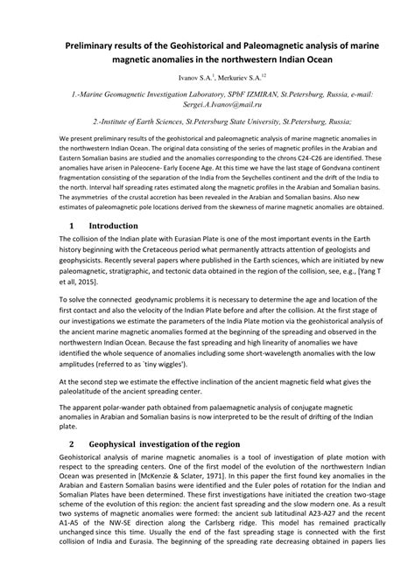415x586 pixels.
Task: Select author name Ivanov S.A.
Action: (196, 77)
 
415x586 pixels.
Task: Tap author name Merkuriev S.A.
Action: (247, 77)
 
